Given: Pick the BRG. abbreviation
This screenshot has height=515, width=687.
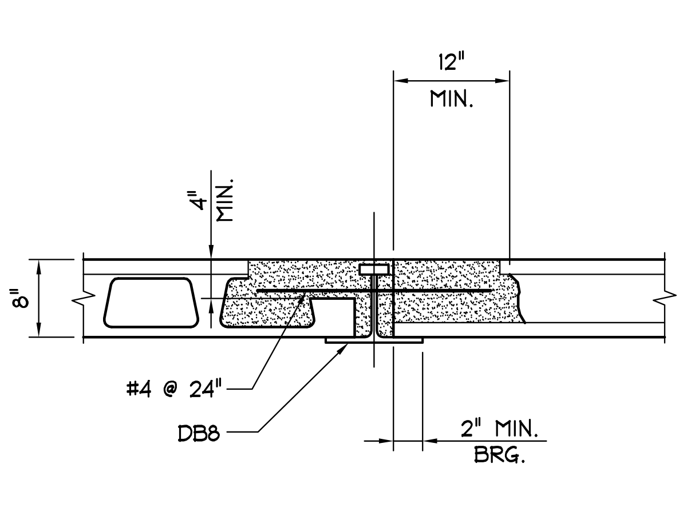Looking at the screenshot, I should click(x=500, y=456).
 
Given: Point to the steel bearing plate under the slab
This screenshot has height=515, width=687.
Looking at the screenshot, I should click(x=374, y=340).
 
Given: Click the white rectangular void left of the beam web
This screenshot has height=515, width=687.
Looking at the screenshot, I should click(x=331, y=316).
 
